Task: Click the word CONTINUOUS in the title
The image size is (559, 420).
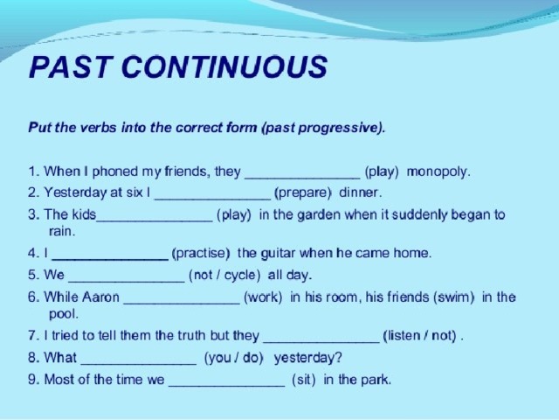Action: [x=224, y=66]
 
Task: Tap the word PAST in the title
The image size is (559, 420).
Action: [x=69, y=66]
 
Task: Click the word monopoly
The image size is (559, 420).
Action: [x=438, y=172]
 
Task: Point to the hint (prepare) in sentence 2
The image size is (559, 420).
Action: [x=303, y=193]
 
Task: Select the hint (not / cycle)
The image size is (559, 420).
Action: [x=224, y=276]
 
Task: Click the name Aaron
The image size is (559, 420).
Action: [x=101, y=297]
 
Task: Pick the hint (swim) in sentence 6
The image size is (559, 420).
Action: [x=454, y=297]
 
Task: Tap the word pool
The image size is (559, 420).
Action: [x=63, y=314]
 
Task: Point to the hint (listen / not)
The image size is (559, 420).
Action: [x=419, y=336]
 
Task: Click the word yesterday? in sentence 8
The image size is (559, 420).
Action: [x=308, y=358]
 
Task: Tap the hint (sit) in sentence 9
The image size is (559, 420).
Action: [x=304, y=379]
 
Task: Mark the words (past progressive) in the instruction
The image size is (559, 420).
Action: [x=323, y=128]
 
